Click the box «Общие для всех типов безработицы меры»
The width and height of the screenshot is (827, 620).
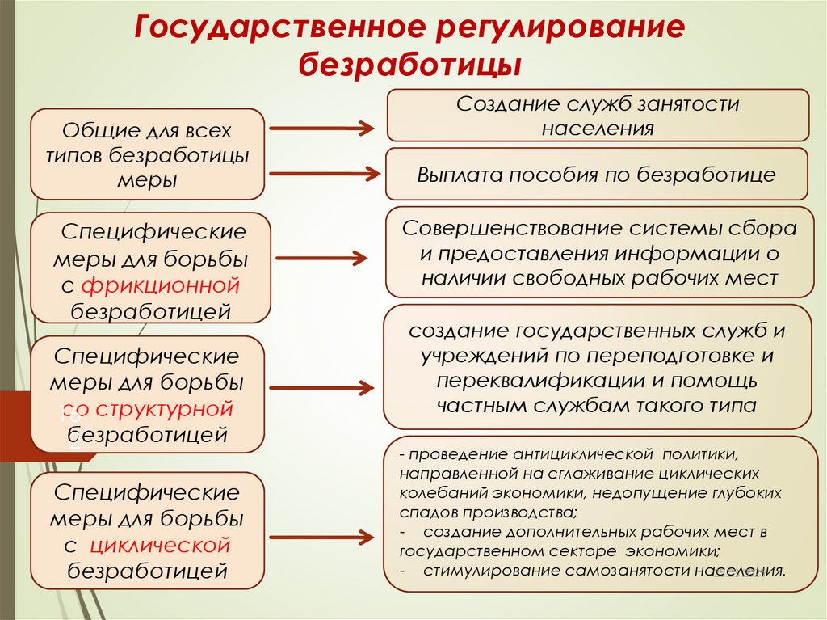[148, 154]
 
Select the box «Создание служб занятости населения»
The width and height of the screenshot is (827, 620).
[598, 116]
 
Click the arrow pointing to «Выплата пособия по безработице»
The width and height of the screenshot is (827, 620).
[323, 172]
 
